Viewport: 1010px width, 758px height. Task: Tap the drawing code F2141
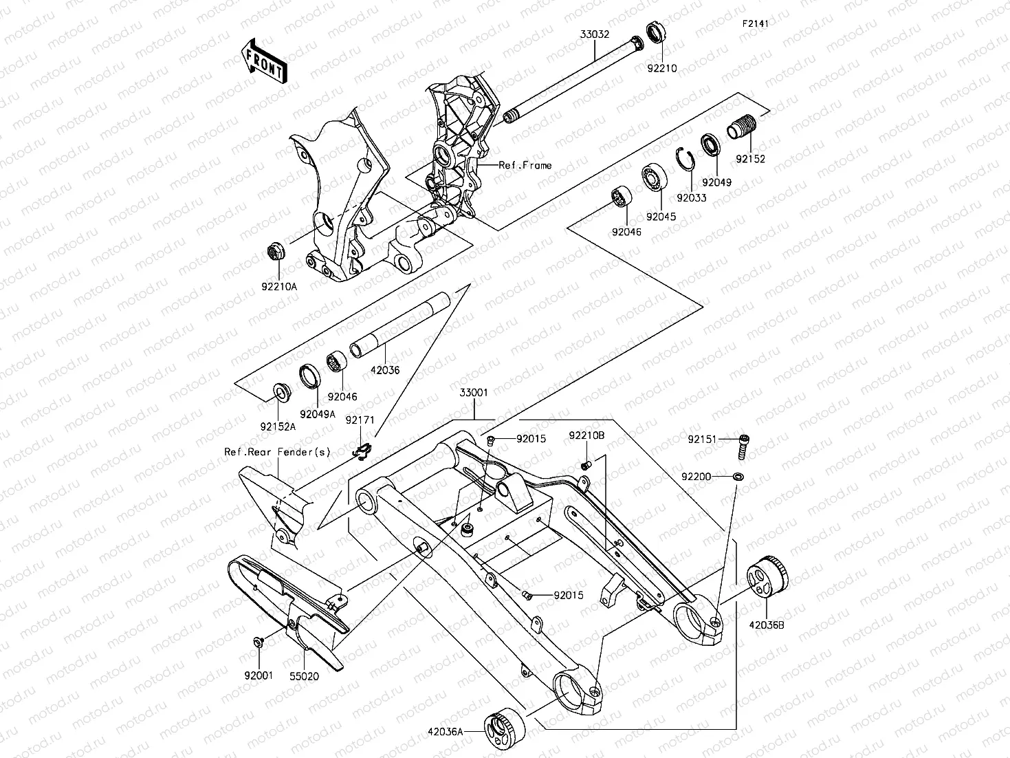point(754,23)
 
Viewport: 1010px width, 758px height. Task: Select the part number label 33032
point(594,33)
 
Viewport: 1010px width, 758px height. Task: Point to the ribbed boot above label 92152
point(743,129)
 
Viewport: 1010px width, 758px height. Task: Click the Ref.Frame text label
point(525,165)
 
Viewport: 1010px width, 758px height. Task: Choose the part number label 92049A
point(318,414)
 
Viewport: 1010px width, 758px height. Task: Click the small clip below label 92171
point(362,450)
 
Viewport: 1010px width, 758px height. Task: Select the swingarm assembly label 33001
point(474,393)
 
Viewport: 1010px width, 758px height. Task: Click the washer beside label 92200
point(738,476)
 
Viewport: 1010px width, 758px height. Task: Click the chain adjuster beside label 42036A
point(504,728)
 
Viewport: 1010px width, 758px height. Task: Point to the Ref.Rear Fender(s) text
point(278,452)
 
